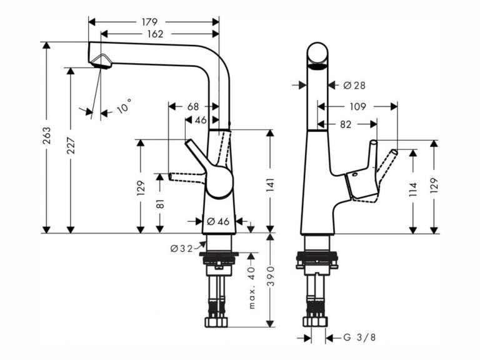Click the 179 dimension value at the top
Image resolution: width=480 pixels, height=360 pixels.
[149, 22]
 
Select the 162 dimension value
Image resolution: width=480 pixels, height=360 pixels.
[155, 34]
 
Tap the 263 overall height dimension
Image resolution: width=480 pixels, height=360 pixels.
[46, 135]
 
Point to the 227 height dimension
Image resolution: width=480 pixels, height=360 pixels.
[71, 145]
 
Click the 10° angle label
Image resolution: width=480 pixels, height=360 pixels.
[124, 106]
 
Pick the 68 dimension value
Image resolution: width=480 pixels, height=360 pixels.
[193, 106]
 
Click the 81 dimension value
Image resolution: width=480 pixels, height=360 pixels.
[160, 204]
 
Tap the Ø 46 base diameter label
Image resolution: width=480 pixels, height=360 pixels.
[218, 221]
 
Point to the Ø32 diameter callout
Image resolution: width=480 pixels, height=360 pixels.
[181, 249]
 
